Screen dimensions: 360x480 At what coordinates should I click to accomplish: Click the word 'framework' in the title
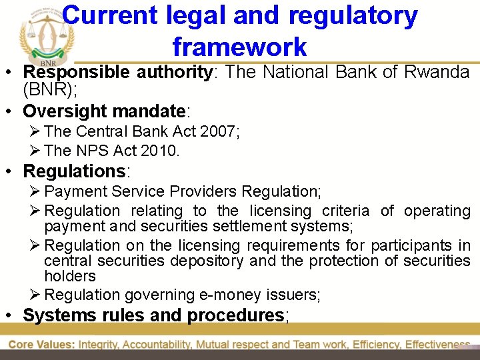pyautogui.click(x=239, y=47)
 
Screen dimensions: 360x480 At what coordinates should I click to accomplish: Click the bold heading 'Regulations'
pyautogui.click(x=74, y=171)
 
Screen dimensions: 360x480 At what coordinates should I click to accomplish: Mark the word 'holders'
pyautogui.click(x=70, y=276)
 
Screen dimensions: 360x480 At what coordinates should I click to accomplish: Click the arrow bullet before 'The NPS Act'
pyautogui.click(x=36, y=151)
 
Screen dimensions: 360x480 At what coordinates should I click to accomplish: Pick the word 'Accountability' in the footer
pyautogui.click(x=173, y=345)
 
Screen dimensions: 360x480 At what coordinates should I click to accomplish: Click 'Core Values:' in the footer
pyautogui.click(x=41, y=345)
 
